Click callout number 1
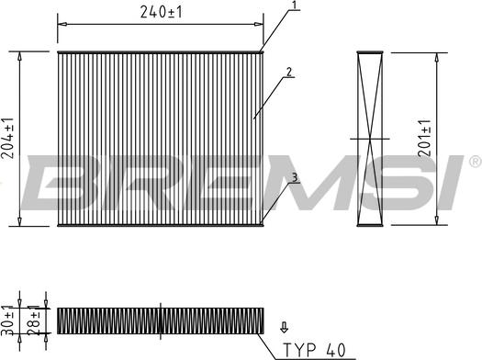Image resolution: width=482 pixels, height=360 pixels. point(294,6)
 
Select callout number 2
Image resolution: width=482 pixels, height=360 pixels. point(288,72)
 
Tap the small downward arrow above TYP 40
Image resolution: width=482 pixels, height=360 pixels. point(283,326)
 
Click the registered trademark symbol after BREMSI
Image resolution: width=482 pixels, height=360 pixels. point(474,162)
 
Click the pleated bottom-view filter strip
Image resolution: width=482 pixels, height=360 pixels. point(162,320)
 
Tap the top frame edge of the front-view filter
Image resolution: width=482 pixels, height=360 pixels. point(161,52)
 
